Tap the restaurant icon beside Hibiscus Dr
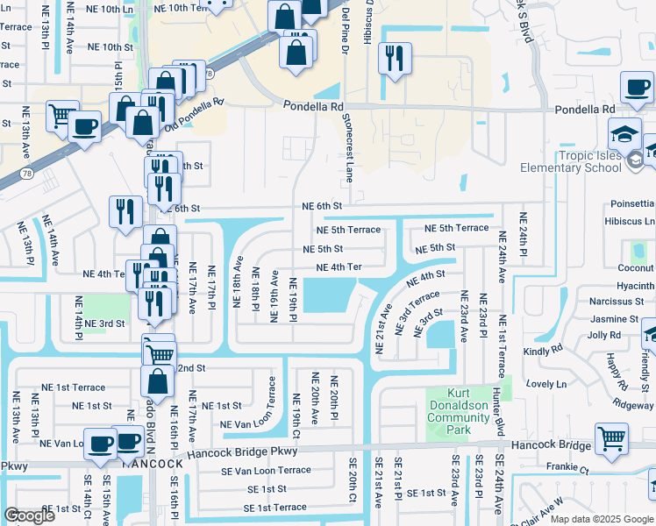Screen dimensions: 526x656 click(391, 59)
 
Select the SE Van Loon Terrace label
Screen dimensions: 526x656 click(266, 470)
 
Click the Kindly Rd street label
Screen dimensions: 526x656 click(543, 350)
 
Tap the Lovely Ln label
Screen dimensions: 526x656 click(546, 384)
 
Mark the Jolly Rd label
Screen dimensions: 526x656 click(604, 335)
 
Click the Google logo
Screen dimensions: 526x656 click(29, 515)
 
